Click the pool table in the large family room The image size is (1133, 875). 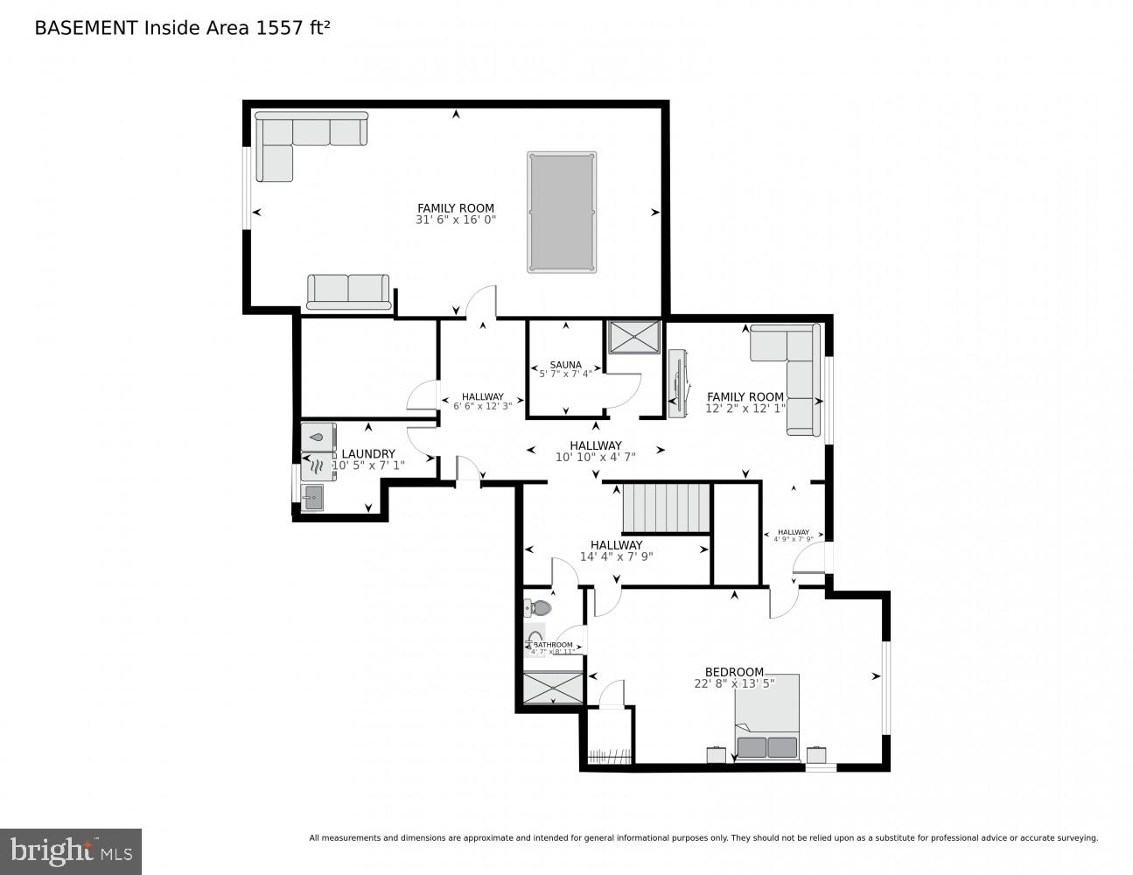tap(562, 212)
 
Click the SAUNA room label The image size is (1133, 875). tap(565, 365)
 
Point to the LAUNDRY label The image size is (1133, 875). tap(368, 453)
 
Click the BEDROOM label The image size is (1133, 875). tap(734, 672)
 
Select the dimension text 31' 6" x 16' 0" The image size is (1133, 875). tap(456, 220)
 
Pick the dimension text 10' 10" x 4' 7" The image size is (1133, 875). tap(596, 457)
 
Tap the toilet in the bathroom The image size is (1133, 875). tap(538, 607)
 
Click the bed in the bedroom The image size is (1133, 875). tap(766, 717)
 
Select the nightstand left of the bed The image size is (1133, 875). tap(716, 754)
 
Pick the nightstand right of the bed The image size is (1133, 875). tap(816, 754)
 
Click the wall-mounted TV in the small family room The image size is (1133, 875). tap(677, 383)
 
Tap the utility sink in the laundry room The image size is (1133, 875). tap(312, 498)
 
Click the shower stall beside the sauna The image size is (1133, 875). tap(634, 337)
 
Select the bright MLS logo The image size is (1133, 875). tap(70, 850)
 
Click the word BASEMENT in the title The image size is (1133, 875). tap(85, 28)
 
